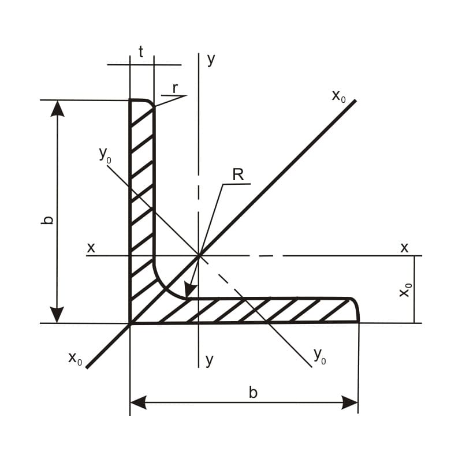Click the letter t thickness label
tap(141, 52)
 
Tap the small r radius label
tap(176, 88)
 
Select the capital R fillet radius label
tap(238, 175)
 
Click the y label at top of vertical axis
tap(211, 60)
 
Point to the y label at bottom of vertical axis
tap(209, 360)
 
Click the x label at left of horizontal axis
tap(91, 248)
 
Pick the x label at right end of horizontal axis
tap(405, 248)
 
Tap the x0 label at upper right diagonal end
tap(338, 96)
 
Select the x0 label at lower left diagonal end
tap(75, 359)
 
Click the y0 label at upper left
tap(105, 155)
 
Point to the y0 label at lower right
tap(320, 356)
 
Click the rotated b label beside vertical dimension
tap(47, 220)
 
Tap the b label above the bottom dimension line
tap(253, 393)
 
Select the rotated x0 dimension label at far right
tap(405, 290)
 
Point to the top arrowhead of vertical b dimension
tap(57, 109)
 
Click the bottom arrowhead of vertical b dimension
tap(57, 315)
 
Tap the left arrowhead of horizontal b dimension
tap(138, 403)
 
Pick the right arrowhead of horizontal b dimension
tap(349, 403)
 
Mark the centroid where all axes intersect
tap(199, 255)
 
